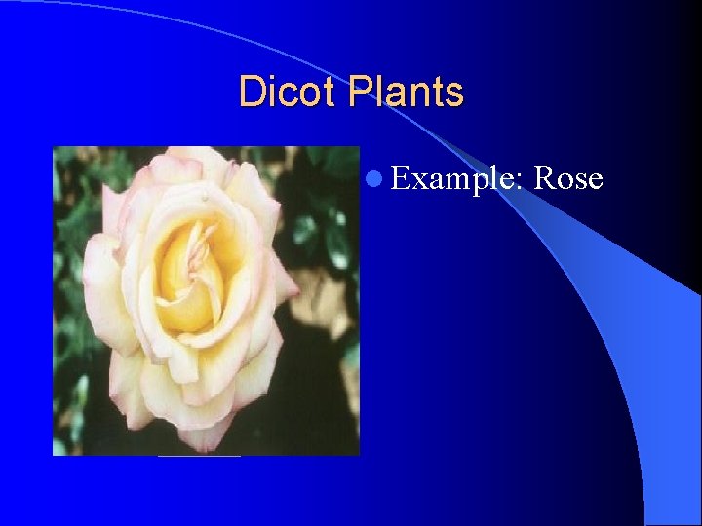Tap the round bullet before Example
pyautogui.click(x=375, y=178)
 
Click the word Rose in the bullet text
pyautogui.click(x=569, y=178)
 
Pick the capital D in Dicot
pyautogui.click(x=251, y=93)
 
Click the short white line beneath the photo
pyautogui.click(x=199, y=456)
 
